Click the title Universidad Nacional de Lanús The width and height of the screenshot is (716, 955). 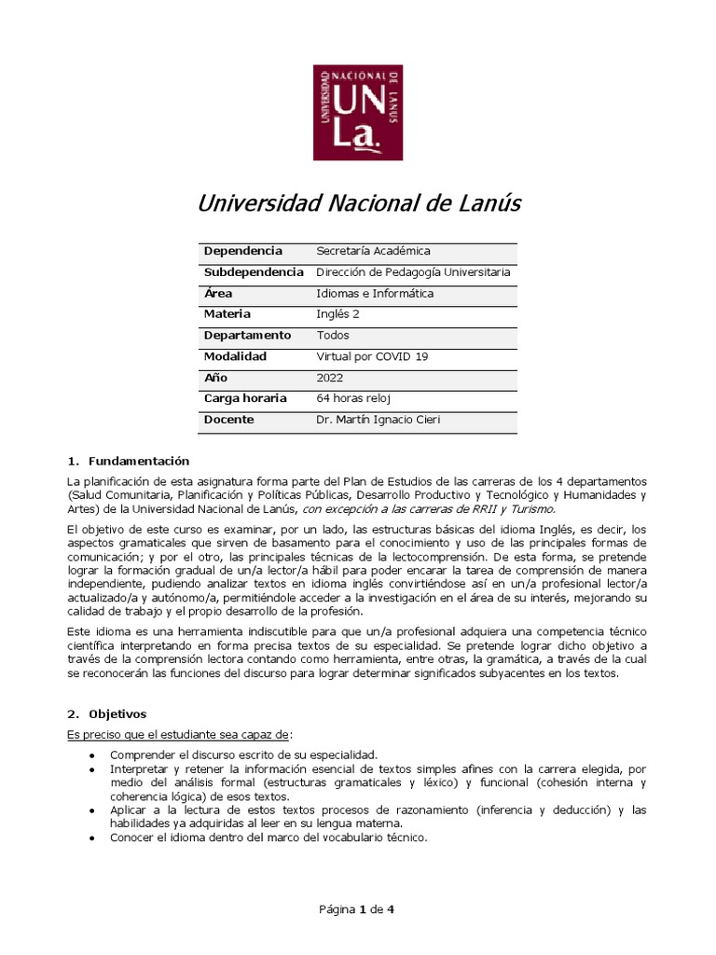(359, 203)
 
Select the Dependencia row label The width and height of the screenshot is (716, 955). (242, 252)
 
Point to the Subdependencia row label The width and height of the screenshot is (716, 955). (254, 272)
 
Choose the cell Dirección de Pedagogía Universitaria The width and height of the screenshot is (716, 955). (413, 272)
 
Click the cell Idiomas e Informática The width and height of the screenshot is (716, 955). (375, 294)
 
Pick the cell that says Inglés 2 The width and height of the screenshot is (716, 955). (337, 314)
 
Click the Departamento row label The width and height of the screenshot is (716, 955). (247, 336)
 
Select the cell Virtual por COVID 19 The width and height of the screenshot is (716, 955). (370, 356)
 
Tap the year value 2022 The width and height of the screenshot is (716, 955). (330, 378)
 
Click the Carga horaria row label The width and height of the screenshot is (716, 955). (245, 398)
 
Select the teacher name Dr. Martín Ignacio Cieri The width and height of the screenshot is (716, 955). (378, 420)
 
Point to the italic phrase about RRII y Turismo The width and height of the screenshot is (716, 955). (428, 509)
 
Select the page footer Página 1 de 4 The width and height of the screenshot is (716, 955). (357, 910)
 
